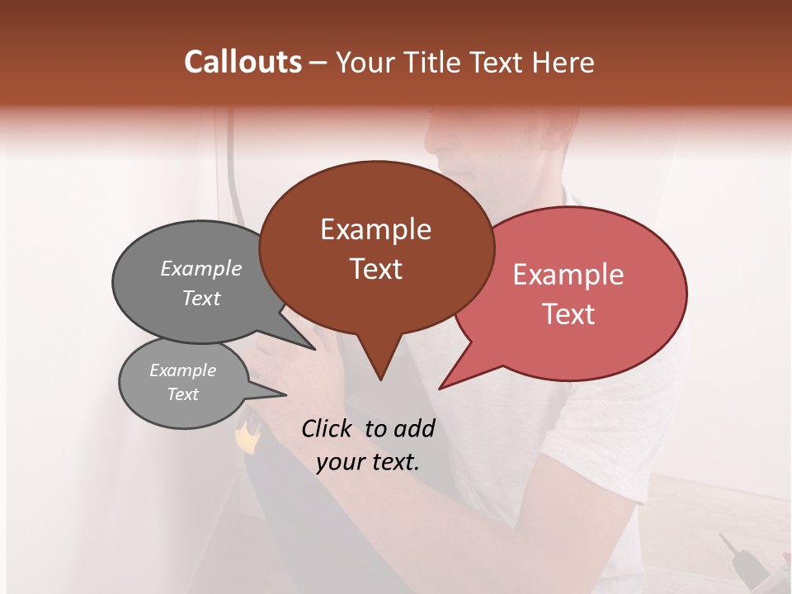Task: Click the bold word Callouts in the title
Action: (x=243, y=62)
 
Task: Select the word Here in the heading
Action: (x=563, y=62)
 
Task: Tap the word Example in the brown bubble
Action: (x=375, y=229)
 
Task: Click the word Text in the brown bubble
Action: (x=375, y=269)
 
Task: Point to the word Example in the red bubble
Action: (x=568, y=275)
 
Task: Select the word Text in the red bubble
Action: (x=568, y=314)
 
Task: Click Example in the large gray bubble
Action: (x=201, y=269)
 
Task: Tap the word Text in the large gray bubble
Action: (x=201, y=298)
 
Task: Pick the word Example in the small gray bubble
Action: (x=182, y=370)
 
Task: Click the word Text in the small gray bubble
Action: (x=182, y=394)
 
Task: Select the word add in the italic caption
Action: (x=416, y=428)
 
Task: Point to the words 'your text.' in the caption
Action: (x=368, y=462)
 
